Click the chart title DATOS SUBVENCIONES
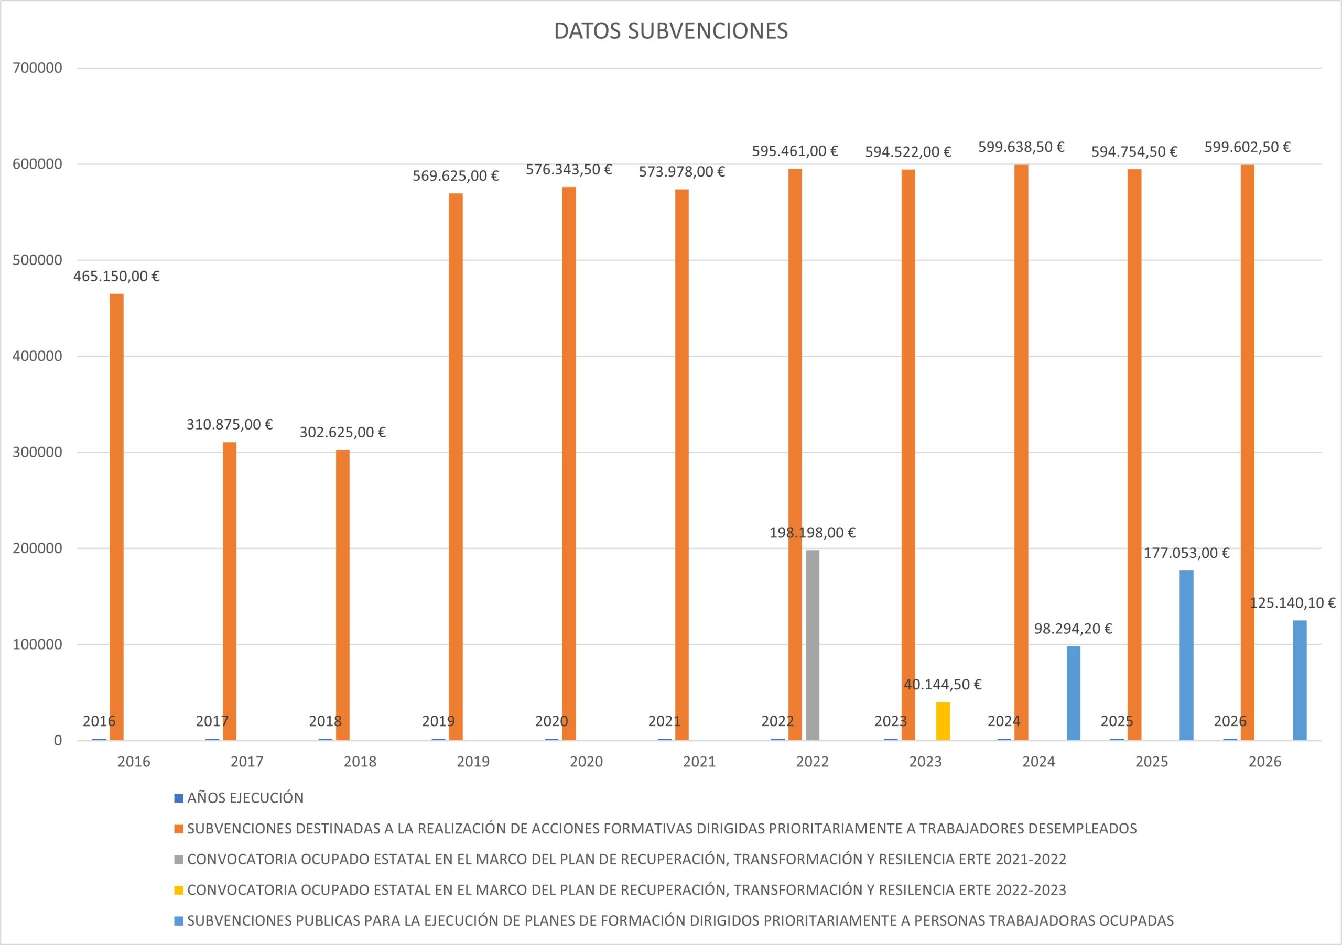click(x=670, y=31)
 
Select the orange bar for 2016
click(x=117, y=517)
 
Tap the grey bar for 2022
click(x=813, y=645)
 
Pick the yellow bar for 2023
click(x=943, y=721)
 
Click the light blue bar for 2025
click(x=1186, y=655)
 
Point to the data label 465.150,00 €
click(x=116, y=276)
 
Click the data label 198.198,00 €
click(x=812, y=533)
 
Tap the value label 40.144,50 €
click(x=942, y=685)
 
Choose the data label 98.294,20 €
click(x=1073, y=629)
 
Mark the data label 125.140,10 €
click(x=1292, y=603)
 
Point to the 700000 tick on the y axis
click(x=37, y=68)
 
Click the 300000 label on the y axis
click(x=37, y=452)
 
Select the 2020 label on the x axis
click(x=586, y=762)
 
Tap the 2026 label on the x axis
click(x=1265, y=762)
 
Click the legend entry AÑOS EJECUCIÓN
click(x=245, y=798)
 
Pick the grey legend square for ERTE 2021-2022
click(x=179, y=860)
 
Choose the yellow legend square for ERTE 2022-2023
click(x=179, y=890)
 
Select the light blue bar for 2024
click(x=1073, y=693)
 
